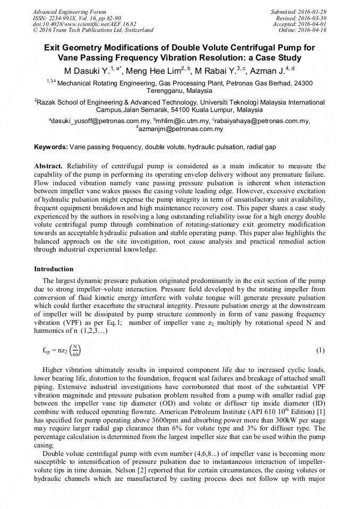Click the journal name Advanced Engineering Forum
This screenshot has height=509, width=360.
tap(69, 12)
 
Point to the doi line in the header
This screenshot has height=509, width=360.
tap(84, 24)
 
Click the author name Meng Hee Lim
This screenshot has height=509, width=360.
tap(158, 70)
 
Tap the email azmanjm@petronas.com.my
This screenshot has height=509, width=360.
tap(181, 129)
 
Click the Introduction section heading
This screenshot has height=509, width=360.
tap(54, 269)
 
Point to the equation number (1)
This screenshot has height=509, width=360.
tap(320, 351)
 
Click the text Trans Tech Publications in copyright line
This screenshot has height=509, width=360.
tap(82, 30)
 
